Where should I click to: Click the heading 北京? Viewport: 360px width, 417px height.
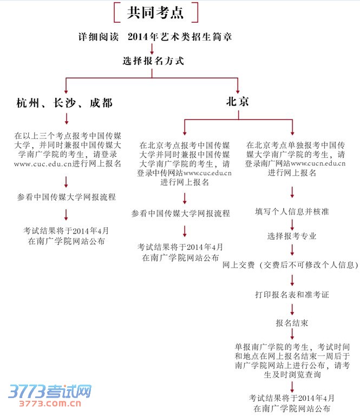pos(238,101)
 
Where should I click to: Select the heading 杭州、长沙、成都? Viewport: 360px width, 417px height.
pos(64,102)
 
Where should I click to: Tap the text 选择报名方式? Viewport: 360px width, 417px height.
pos(154,61)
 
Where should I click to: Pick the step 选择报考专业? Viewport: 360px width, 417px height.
pos(292,236)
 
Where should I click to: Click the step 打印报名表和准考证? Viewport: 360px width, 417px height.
pos(292,295)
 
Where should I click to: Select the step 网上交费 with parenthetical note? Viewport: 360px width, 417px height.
pos(291,265)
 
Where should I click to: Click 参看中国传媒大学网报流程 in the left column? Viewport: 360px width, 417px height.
pos(66,197)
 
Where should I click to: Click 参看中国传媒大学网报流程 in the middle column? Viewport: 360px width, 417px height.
pos(180,214)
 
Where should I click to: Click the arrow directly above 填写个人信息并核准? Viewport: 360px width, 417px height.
pos(292,193)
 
